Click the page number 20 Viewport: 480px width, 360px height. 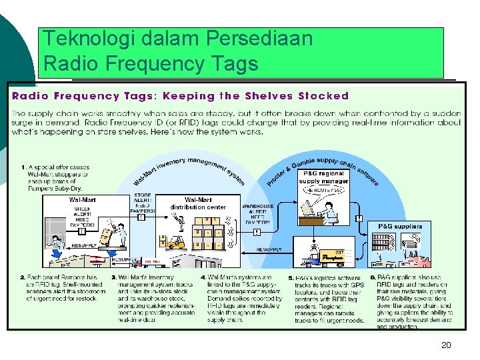(446, 345)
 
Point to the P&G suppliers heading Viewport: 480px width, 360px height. (400, 227)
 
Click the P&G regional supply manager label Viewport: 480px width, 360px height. (323, 177)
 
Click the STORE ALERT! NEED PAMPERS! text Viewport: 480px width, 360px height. (144, 203)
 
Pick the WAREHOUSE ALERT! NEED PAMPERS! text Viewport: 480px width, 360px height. (257, 215)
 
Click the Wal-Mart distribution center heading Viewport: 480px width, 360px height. (198, 203)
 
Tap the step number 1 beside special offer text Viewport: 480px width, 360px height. (23, 167)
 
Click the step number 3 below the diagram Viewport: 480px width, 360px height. (113, 277)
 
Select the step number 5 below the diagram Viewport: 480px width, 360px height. (291, 277)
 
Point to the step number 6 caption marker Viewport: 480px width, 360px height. (373, 277)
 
